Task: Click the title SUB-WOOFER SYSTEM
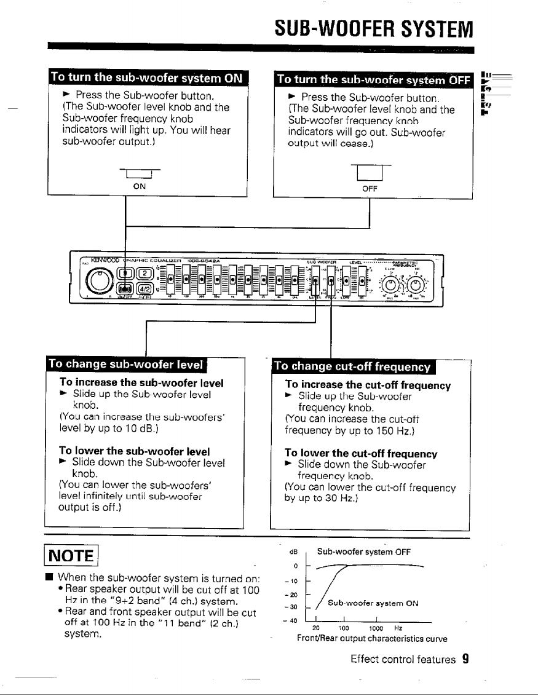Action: (374, 28)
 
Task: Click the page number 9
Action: (466, 660)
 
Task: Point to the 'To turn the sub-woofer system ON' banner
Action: (146, 78)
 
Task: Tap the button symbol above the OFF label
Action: (369, 174)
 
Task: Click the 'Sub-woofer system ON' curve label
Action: (373, 603)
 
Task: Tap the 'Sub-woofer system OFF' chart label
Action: (364, 552)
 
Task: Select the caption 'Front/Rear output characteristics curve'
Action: (372, 639)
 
